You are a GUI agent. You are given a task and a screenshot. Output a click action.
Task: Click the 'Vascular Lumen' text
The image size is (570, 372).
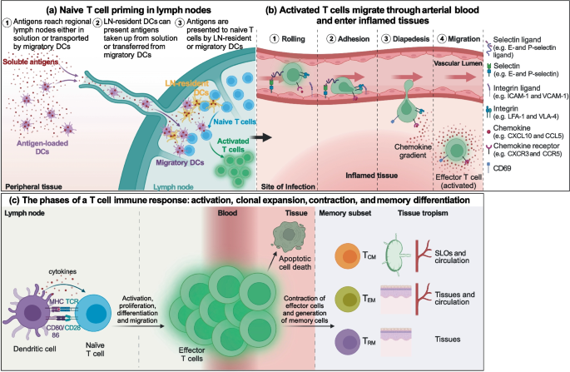pos(458,62)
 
